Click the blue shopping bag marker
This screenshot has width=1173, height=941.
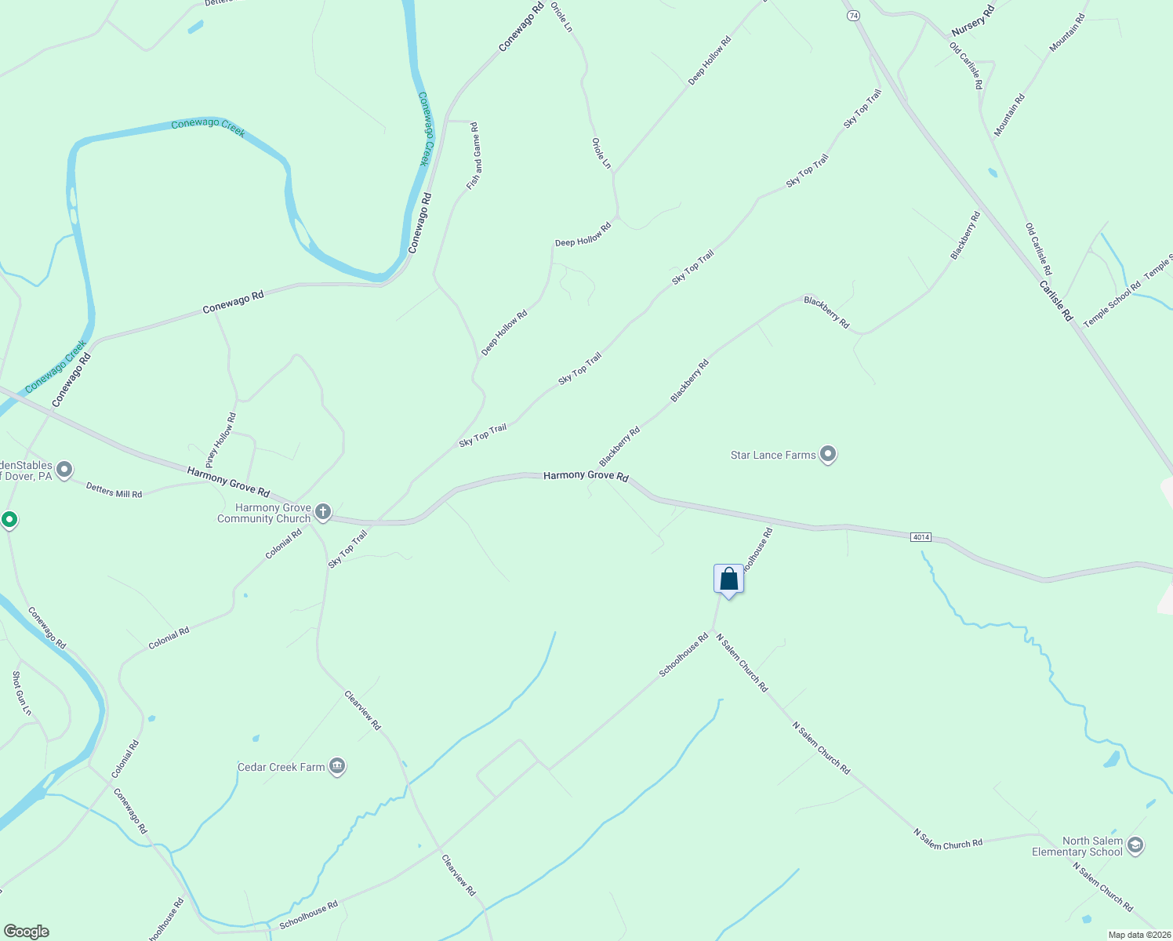point(728,579)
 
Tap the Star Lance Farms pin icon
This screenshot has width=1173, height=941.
point(828,454)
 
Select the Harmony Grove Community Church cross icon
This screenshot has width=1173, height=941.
point(323,513)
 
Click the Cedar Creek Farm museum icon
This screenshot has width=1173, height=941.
point(337,766)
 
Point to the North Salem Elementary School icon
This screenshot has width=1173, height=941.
point(1135,846)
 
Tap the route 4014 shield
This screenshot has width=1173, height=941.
point(921,537)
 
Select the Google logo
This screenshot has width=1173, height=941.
point(26,932)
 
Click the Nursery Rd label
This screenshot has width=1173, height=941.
point(972,20)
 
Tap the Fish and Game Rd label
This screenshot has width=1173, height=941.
point(473,156)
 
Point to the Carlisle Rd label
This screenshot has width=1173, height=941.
point(1055,300)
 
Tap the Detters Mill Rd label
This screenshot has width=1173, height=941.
point(114,491)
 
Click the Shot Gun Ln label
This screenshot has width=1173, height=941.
point(22,693)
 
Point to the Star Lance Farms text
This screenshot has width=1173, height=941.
point(773,455)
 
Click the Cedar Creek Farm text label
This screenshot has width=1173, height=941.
point(281,767)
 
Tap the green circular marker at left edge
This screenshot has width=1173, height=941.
point(9,519)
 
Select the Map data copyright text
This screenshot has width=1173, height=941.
point(1139,935)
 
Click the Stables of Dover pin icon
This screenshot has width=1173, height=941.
point(64,470)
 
